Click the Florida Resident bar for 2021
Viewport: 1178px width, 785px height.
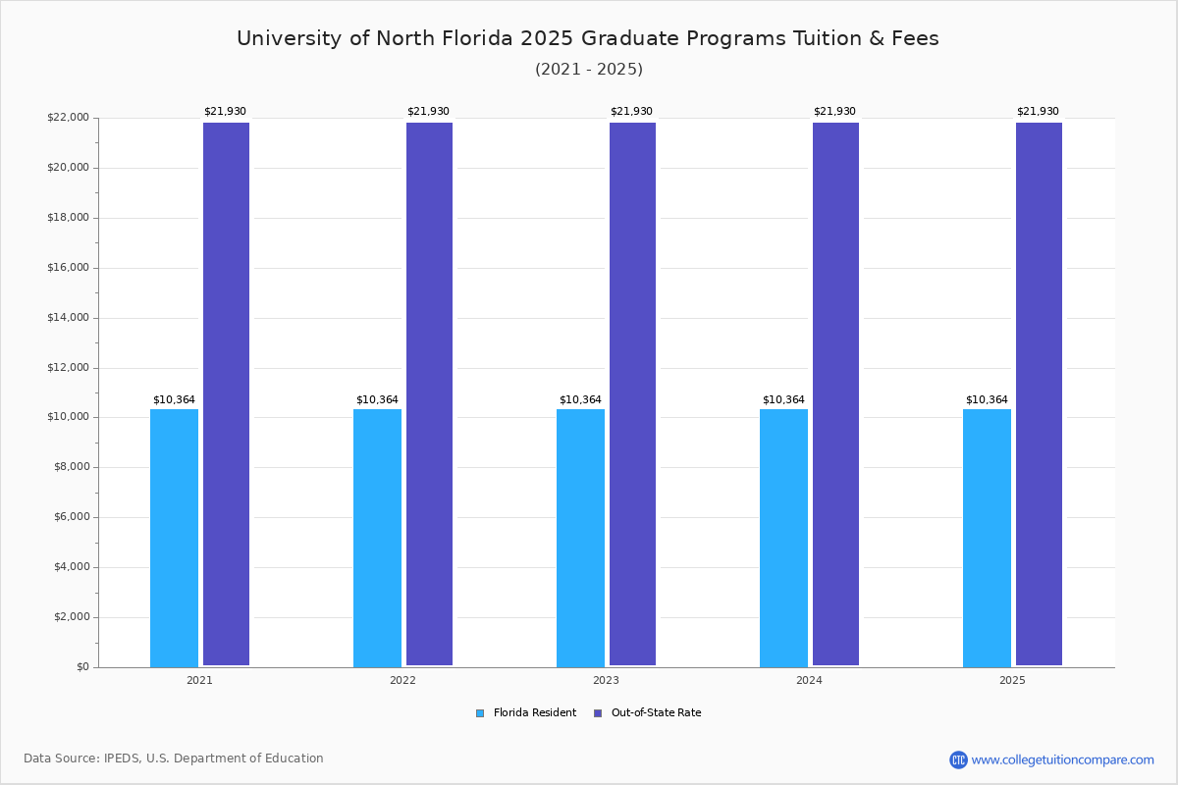point(174,538)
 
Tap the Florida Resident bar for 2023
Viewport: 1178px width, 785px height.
point(580,538)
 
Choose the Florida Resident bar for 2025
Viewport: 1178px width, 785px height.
point(987,538)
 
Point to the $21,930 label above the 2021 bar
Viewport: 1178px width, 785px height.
point(225,112)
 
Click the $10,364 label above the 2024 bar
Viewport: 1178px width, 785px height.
point(783,400)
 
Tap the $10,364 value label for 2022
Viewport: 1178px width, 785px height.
point(377,400)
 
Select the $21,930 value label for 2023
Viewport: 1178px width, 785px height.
point(631,112)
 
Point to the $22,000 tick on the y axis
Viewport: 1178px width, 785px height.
point(68,118)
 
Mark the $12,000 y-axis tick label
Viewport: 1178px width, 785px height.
point(68,368)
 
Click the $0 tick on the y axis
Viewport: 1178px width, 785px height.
point(81,667)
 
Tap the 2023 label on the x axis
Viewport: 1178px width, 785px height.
point(606,680)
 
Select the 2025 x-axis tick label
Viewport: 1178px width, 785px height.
point(1012,680)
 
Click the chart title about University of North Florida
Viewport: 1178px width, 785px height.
point(588,38)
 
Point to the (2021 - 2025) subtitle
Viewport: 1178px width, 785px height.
point(589,69)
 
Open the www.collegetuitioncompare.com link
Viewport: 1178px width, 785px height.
point(1062,759)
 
